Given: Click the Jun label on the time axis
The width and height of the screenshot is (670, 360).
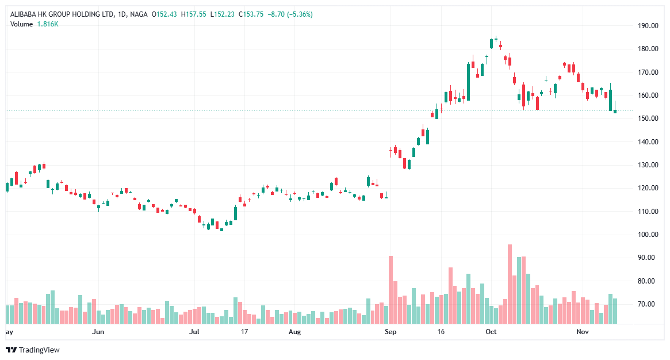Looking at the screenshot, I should pyautogui.click(x=98, y=332).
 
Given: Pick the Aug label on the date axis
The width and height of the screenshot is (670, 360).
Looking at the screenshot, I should pyautogui.click(x=294, y=332).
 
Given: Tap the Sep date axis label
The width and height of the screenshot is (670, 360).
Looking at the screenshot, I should pyautogui.click(x=390, y=332).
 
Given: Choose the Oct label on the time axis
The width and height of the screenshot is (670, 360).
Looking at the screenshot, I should pyautogui.click(x=491, y=332).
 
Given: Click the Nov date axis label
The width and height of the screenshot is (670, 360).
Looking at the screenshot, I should pyautogui.click(x=583, y=332).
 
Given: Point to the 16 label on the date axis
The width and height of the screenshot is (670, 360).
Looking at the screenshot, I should pyautogui.click(x=441, y=332).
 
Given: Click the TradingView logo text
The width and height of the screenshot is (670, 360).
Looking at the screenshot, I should pyautogui.click(x=39, y=350).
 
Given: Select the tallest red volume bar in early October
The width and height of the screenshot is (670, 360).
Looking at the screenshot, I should pyautogui.click(x=510, y=284).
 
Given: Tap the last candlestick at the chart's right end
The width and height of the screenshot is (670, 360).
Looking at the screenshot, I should pyautogui.click(x=615, y=111).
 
